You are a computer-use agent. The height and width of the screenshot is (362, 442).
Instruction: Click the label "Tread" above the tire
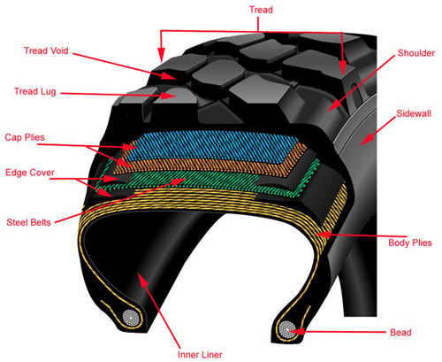[261, 10]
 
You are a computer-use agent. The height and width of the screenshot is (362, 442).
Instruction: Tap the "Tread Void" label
[46, 50]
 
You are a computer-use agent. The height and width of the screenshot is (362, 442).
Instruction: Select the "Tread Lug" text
[35, 91]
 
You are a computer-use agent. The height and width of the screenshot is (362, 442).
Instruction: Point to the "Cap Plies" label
[25, 137]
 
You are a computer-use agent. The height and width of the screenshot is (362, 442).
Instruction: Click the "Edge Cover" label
[30, 173]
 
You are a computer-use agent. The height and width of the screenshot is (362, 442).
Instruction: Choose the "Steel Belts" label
[28, 222]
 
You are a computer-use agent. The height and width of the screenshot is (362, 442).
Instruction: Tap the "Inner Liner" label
[200, 354]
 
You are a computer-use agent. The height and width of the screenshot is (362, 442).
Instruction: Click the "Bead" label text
[400, 333]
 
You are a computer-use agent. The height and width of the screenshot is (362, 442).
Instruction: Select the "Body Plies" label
[410, 243]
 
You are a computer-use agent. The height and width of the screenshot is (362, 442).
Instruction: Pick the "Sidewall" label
[414, 113]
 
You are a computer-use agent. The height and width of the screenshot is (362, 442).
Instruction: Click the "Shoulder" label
[416, 53]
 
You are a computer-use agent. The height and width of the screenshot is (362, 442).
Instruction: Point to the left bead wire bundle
[131, 318]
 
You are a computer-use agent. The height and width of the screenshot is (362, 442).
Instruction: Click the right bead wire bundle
[287, 329]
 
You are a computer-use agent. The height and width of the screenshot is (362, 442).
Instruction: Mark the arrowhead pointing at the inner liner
[142, 280]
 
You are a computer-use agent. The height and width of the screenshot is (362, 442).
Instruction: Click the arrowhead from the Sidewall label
[367, 140]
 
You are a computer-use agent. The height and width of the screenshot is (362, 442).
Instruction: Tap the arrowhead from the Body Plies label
[323, 235]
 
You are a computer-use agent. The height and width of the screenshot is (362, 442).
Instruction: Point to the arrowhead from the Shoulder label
[333, 106]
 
